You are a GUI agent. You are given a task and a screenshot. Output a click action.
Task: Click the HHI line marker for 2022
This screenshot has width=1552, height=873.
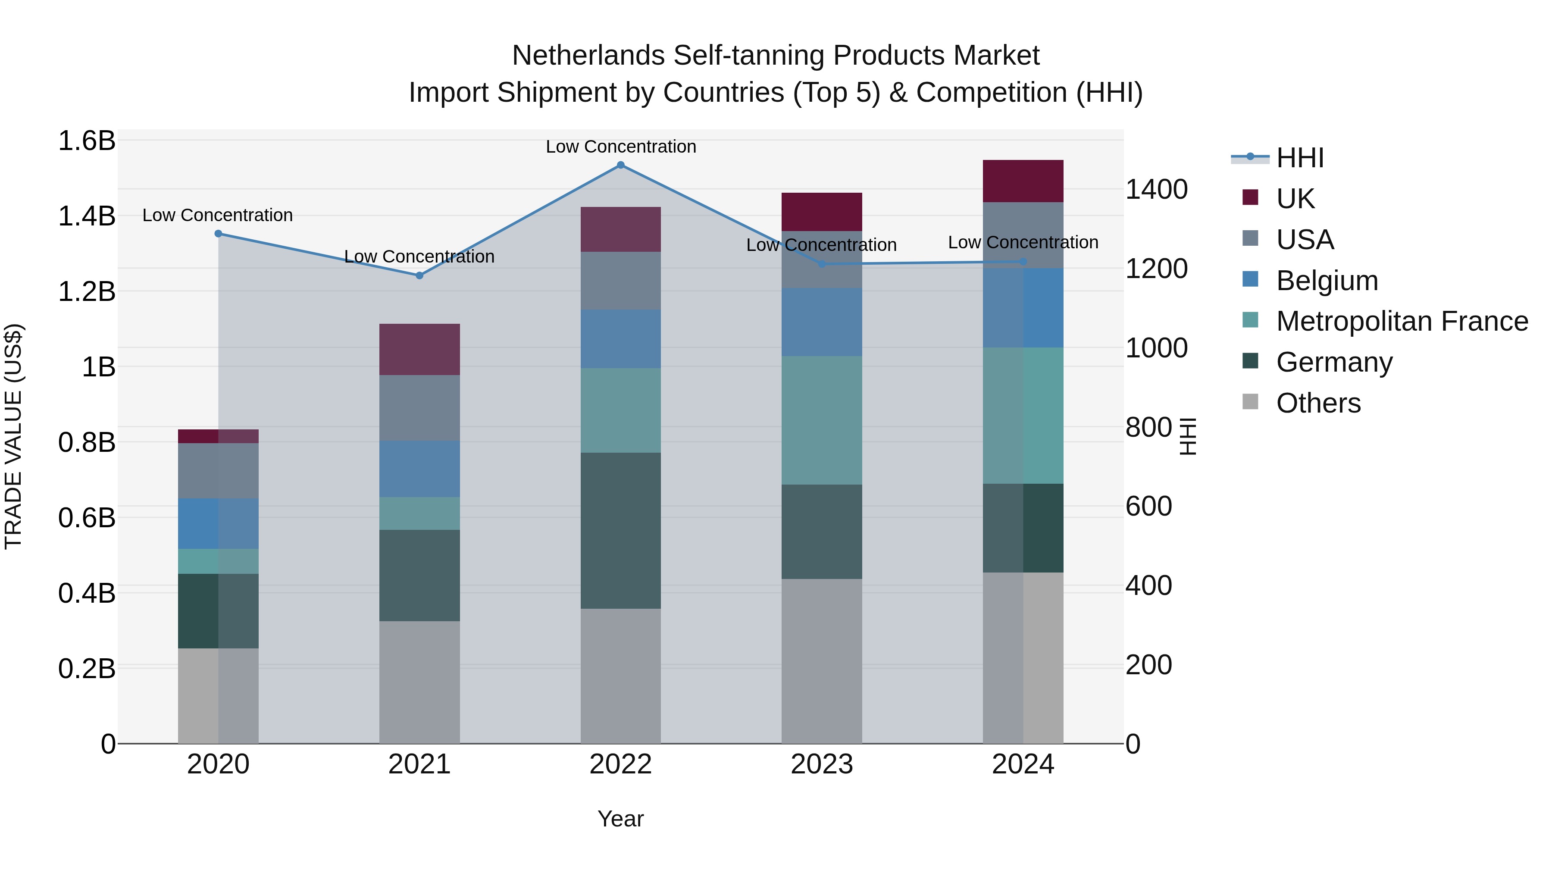pyautogui.click(x=620, y=165)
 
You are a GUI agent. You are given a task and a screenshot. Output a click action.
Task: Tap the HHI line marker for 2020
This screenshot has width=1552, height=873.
pyautogui.click(x=218, y=234)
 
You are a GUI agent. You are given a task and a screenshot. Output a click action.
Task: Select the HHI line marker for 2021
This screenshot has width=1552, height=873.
pyautogui.click(x=419, y=275)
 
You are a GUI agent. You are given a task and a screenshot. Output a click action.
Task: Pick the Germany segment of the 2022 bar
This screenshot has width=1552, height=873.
pyautogui.click(x=620, y=530)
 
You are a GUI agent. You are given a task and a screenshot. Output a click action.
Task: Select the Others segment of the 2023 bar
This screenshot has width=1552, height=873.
pyautogui.click(x=821, y=661)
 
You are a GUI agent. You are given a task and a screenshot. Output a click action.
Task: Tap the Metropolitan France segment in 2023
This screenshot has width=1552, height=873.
pyautogui.click(x=821, y=420)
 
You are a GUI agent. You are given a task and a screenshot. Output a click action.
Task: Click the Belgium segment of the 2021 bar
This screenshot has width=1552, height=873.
pyautogui.click(x=419, y=469)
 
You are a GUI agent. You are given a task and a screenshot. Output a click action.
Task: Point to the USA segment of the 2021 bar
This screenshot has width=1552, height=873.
pyautogui.click(x=419, y=408)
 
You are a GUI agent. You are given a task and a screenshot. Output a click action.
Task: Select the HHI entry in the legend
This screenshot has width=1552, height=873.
pyautogui.click(x=1299, y=158)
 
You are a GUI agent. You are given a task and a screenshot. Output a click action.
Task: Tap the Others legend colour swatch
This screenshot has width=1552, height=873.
pyautogui.click(x=1250, y=402)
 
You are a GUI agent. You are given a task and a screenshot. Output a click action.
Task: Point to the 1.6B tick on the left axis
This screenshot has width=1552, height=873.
pyautogui.click(x=86, y=141)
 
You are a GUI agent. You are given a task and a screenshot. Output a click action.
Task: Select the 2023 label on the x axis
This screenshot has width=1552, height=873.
pyautogui.click(x=821, y=764)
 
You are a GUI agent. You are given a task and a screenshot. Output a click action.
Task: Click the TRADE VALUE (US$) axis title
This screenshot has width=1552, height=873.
pyautogui.click(x=13, y=436)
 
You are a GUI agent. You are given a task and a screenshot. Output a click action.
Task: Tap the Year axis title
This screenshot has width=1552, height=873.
pyautogui.click(x=620, y=819)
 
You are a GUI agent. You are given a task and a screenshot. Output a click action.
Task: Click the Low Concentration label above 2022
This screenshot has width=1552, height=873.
pyautogui.click(x=620, y=147)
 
